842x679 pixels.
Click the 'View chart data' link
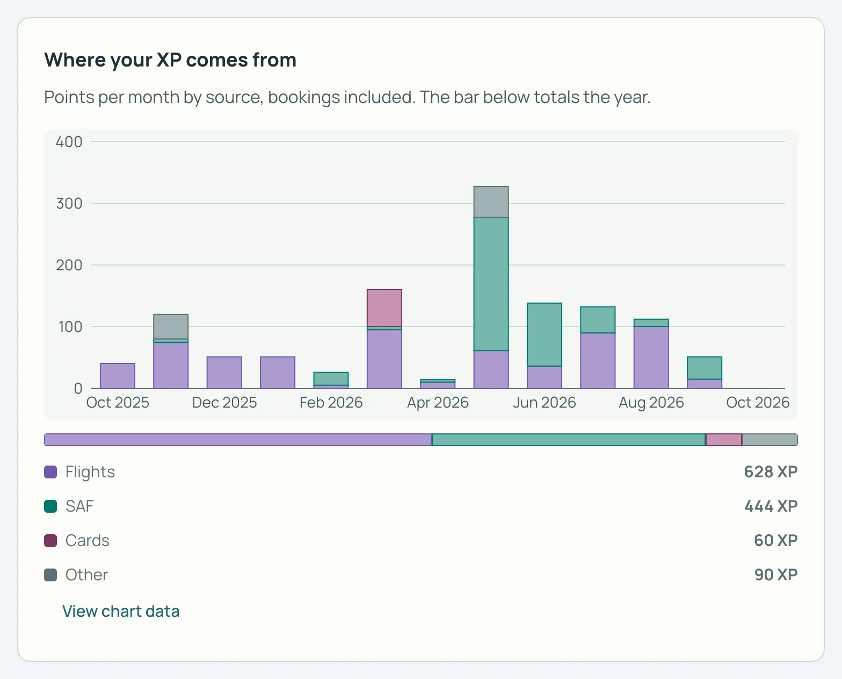click(121, 611)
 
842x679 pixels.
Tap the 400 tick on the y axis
click(69, 142)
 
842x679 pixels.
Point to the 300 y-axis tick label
click(69, 203)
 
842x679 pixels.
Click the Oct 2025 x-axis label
click(118, 402)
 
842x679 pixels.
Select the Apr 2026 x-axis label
click(438, 402)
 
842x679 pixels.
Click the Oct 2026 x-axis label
click(758, 402)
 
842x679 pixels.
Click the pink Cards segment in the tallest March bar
click(384, 308)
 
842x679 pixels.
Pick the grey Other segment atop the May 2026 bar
click(491, 202)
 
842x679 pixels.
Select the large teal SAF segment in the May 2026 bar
click(491, 284)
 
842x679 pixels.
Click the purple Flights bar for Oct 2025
click(118, 376)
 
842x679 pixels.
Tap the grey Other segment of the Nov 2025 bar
click(171, 327)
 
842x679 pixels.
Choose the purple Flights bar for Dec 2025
click(224, 372)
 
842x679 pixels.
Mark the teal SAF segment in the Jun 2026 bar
click(545, 334)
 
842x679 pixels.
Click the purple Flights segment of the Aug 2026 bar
click(651, 357)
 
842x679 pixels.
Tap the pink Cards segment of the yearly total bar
click(724, 440)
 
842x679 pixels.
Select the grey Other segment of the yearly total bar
click(770, 440)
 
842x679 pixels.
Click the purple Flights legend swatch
click(50, 472)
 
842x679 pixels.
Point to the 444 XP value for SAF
click(771, 506)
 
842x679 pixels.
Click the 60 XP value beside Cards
click(775, 541)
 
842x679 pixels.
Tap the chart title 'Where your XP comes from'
click(170, 60)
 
